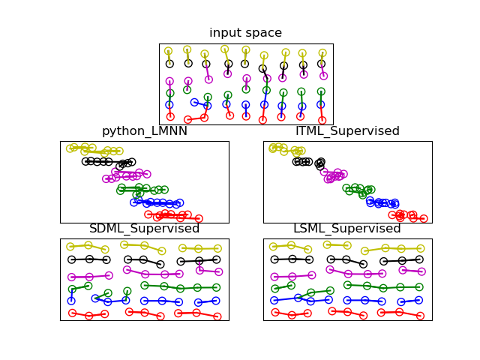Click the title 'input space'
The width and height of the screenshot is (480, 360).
pos(245,33)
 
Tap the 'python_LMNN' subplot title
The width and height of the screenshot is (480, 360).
pos(144,131)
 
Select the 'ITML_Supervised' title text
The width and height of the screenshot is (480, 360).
pos(347,131)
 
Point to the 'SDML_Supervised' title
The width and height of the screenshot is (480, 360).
pos(144,229)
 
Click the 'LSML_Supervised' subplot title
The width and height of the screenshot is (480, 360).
pos(347,229)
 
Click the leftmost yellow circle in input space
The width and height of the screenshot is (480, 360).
pos(168,51)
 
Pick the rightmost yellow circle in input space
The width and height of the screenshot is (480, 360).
pos(322,53)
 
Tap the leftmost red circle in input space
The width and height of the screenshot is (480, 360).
pos(170,116)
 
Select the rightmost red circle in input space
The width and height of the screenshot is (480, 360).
pos(322,119)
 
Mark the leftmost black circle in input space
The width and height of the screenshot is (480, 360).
pos(169,64)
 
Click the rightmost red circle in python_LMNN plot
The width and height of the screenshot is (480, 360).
pos(199,219)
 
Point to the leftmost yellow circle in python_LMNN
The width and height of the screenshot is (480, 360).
pos(70,148)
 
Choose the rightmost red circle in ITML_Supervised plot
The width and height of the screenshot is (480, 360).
pos(424,219)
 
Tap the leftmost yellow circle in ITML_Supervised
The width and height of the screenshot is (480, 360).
pos(271,148)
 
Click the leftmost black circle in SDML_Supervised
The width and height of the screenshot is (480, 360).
pos(71,259)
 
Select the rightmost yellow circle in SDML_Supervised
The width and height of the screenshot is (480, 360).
pos(217,248)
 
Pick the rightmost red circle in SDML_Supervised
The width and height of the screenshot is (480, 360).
pos(217,316)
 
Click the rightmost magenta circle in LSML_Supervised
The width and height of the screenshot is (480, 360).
pos(420,271)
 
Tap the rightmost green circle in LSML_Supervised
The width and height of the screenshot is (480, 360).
pos(418,286)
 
